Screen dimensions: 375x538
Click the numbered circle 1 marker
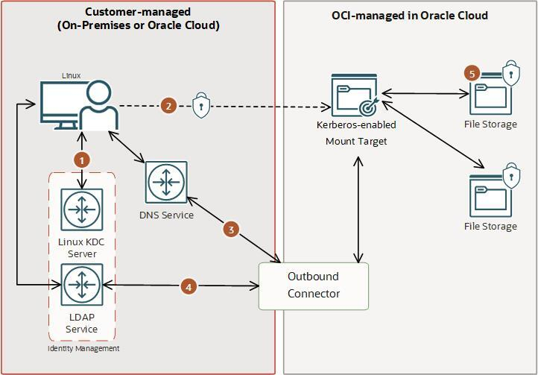click(82, 159)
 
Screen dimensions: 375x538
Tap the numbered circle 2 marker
click(168, 106)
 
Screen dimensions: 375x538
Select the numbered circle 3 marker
click(231, 230)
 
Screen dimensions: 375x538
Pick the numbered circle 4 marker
click(189, 286)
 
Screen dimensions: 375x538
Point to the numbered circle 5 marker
click(471, 73)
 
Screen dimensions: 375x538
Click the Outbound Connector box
click(313, 286)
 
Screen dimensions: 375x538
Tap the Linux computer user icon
click(78, 106)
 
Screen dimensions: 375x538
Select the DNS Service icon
click(166, 182)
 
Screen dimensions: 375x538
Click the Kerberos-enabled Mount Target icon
click(355, 95)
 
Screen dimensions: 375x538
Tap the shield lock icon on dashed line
click(200, 106)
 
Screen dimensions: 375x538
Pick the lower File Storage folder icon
click(490, 195)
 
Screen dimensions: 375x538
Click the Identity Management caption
click(83, 348)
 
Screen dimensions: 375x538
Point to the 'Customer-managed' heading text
click(138, 12)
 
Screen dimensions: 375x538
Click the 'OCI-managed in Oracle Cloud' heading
click(409, 15)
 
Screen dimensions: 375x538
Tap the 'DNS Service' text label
click(166, 215)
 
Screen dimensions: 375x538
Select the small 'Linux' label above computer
click(72, 75)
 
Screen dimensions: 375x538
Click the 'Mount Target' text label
click(356, 141)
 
